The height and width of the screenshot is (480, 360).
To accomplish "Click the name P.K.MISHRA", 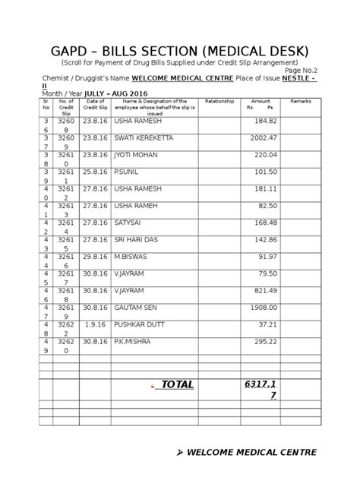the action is [x=132, y=341].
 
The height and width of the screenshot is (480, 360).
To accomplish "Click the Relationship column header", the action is [x=219, y=100].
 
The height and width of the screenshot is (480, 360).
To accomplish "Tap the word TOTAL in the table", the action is [x=176, y=384].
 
